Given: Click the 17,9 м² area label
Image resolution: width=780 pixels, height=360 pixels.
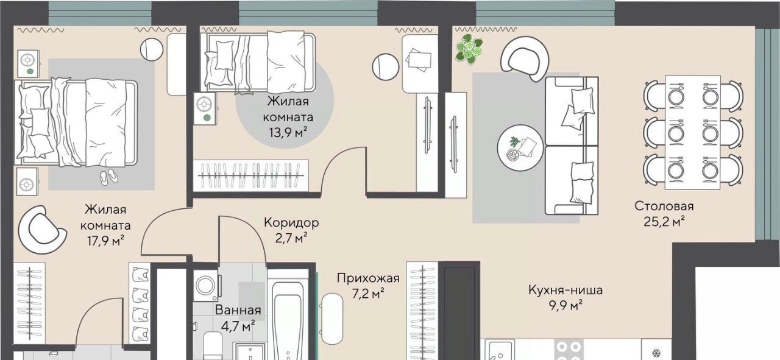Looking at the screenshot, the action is (x=105, y=241).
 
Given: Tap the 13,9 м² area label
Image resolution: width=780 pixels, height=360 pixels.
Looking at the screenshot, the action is (x=288, y=132).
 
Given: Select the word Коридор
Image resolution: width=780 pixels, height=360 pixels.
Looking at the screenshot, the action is (x=291, y=222).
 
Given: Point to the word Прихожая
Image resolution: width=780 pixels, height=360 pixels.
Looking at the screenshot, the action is (x=368, y=278).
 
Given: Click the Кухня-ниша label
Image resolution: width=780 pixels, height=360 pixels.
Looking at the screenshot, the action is (x=565, y=290).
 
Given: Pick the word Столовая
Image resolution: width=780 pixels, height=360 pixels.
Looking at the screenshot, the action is (x=664, y=206).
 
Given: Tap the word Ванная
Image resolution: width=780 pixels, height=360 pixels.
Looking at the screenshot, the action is (x=238, y=310).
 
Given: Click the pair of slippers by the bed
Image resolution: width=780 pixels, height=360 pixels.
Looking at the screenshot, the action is (x=109, y=177).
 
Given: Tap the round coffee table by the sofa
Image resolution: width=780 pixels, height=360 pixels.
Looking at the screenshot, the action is (x=520, y=147).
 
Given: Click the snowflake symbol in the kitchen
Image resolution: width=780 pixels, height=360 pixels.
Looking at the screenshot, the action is (x=656, y=353).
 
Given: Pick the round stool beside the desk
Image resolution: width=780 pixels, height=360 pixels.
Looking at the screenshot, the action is (x=385, y=67).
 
